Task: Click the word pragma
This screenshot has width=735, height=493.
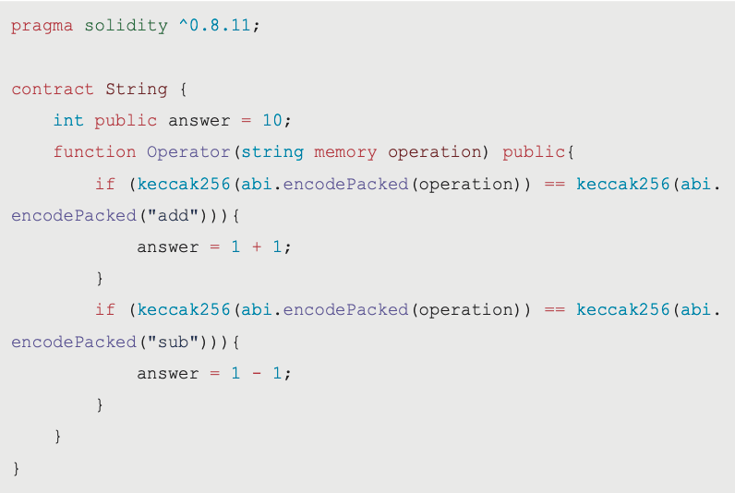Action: click(42, 26)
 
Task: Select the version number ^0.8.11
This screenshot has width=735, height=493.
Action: click(215, 25)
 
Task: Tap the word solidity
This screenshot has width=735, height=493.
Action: click(127, 26)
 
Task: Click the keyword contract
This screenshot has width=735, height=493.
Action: click(53, 89)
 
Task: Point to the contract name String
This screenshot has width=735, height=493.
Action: click(137, 90)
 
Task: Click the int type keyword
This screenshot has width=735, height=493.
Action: click(68, 120)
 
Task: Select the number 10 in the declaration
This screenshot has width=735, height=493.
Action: click(272, 120)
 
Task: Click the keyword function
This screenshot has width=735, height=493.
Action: click(95, 151)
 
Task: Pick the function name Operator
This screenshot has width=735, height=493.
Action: click(188, 152)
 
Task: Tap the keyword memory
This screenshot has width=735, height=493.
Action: click(345, 152)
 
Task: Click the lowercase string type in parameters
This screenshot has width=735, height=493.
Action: click(272, 152)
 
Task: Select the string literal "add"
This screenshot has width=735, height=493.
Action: click(173, 215)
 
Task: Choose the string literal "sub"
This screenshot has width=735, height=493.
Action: click(173, 342)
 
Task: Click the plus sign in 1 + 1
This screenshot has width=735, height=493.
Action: click(257, 246)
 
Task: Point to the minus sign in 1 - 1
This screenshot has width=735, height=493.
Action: click(257, 374)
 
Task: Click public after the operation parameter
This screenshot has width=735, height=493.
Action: click(534, 152)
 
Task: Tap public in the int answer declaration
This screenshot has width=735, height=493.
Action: click(126, 121)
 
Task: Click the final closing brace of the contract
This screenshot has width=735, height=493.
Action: click(16, 469)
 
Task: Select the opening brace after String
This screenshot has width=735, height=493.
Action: click(183, 90)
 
